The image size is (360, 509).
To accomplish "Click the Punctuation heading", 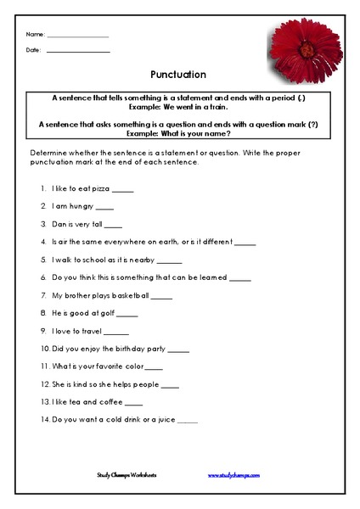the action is [178, 74].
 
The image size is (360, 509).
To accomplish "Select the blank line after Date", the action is [78, 53].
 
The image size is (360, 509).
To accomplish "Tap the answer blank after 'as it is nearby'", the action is [170, 260].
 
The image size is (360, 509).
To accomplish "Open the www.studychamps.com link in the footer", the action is [234, 476].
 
